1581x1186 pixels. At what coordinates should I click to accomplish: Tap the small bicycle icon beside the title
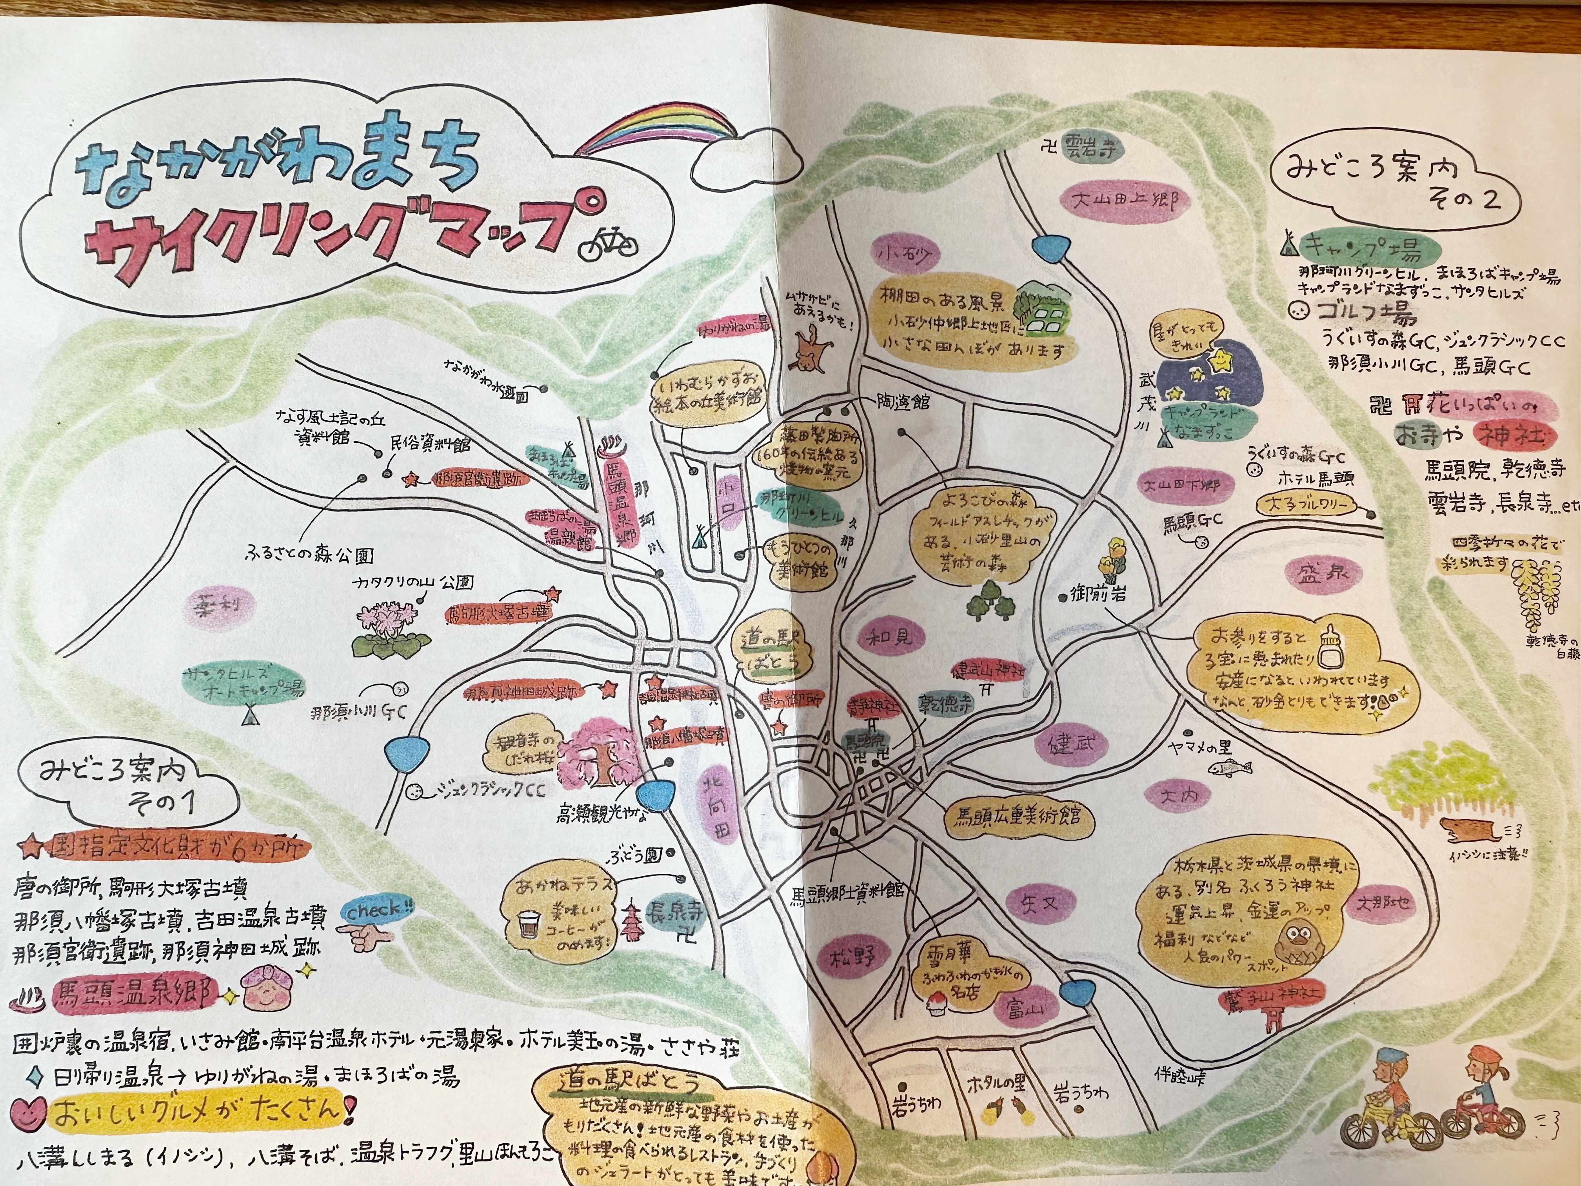607,243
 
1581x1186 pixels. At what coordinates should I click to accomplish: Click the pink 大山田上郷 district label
1126,200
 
